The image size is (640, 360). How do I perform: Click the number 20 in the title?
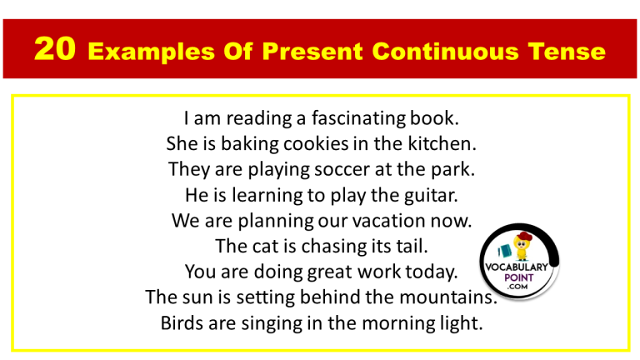tap(56, 52)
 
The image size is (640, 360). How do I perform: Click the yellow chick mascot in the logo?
tap(522, 247)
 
